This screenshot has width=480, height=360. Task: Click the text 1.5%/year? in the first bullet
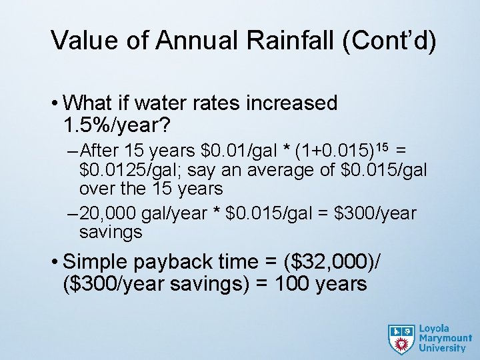[117, 124]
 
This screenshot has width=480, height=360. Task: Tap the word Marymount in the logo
[444, 338]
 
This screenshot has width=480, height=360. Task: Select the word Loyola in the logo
[434, 328]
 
